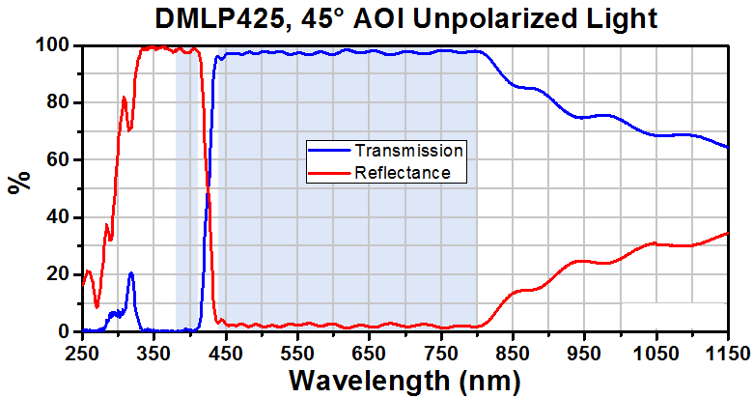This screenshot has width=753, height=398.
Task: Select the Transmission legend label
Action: point(408,151)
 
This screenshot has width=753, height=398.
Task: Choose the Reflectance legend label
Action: point(403,172)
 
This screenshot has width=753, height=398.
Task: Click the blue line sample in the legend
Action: point(329,151)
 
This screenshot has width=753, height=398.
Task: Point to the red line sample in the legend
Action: point(329,172)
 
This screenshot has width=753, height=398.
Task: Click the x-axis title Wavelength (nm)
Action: point(404,381)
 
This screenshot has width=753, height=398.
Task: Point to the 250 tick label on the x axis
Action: point(82,355)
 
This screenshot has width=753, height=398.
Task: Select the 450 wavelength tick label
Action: point(226,355)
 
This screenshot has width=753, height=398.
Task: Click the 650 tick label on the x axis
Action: point(370,355)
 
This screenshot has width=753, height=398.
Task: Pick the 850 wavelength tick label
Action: point(513,355)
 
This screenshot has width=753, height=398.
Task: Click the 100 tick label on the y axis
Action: point(54,45)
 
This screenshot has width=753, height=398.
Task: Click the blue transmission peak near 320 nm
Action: point(130,273)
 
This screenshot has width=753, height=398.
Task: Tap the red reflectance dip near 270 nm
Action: point(97,306)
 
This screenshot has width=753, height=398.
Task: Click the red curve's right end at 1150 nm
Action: point(728,233)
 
